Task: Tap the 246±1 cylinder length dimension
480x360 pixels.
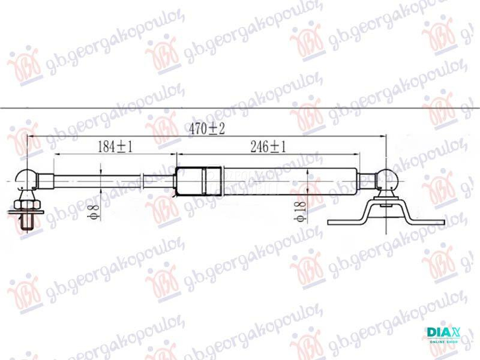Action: click(268, 146)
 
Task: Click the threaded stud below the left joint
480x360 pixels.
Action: click(28, 226)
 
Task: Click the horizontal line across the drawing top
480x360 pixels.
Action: click(240, 108)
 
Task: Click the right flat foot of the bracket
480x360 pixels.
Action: click(428, 222)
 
